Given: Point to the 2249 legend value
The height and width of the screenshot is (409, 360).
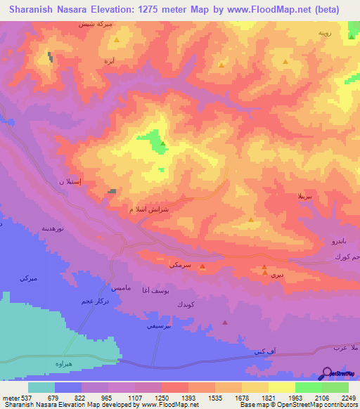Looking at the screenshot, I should point(348,397).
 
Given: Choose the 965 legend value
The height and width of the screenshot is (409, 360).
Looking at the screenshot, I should point(108,397).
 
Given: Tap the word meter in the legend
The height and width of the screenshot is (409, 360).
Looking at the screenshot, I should point(11,397).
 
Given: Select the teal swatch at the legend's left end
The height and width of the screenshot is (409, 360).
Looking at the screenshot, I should point(41,387).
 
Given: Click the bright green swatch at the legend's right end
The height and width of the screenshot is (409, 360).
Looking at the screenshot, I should point(335,387).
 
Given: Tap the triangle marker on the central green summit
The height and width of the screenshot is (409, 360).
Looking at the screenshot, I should point(163,143).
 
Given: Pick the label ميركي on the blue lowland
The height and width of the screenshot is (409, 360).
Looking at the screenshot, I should point(28,279).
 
